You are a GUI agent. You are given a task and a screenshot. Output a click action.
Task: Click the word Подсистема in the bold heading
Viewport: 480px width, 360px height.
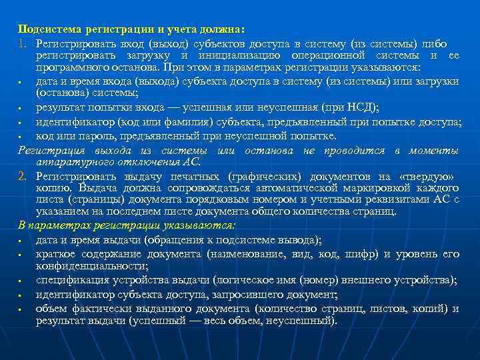click(44, 29)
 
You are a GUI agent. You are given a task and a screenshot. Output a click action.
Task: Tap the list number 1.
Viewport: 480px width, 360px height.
click(22, 43)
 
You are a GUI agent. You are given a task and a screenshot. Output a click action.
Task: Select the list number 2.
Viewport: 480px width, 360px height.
click(22, 176)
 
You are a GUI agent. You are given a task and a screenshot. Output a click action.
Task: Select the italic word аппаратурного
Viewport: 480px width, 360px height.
click(71, 161)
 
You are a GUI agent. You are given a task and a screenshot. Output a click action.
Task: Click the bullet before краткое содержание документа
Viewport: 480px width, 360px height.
click(21, 254)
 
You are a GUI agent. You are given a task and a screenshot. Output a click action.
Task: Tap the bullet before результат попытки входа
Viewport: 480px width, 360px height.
click(21, 109)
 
